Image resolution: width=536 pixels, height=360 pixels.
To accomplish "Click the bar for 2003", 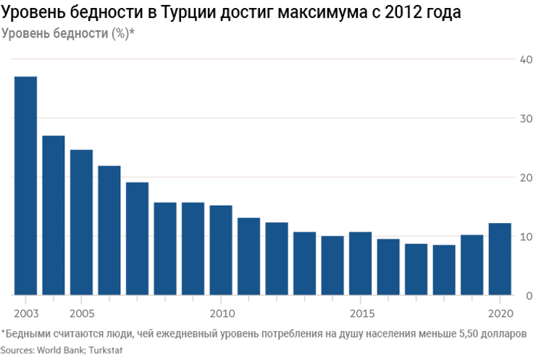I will pos(25,185).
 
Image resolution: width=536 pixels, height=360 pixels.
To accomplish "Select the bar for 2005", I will pos(81,222).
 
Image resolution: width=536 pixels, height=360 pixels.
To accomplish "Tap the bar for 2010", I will pos(221,250).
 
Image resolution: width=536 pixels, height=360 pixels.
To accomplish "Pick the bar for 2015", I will pos(360,264).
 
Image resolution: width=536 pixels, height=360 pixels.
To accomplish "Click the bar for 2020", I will pos(500,259).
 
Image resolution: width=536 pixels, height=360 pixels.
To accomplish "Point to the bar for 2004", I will pos(54,215).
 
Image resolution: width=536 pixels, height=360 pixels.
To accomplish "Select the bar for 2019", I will pos(472,265).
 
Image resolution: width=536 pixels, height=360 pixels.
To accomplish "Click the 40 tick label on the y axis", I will pos(527,59).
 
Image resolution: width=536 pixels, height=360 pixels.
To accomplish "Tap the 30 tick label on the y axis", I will pos(527,119).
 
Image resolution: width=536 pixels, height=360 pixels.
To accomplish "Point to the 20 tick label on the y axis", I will pos(527,177).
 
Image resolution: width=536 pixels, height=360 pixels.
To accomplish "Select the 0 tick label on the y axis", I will pos(529,296).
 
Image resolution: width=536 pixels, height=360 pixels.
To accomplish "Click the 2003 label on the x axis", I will pos(25,314).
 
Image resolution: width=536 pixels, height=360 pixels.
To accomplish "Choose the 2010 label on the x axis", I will pos(221,314).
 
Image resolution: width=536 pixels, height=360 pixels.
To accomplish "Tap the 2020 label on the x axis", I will pos(501,314).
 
